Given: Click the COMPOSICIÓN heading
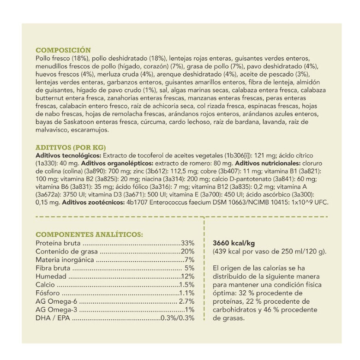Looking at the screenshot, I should pyautogui.click(x=63, y=50).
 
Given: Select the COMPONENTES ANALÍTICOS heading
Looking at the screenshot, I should pyautogui.click(x=89, y=234).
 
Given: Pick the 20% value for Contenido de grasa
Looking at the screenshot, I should pyautogui.click(x=188, y=251).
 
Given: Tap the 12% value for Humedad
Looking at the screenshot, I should pyautogui.click(x=188, y=276).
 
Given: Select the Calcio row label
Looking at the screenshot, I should pyautogui.click(x=45, y=285).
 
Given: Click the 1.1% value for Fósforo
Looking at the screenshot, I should pyautogui.click(x=187, y=293).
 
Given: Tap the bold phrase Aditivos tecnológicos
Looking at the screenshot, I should pyautogui.click(x=67, y=156).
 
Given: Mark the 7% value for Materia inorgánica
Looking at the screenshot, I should pyautogui.click(x=190, y=259).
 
